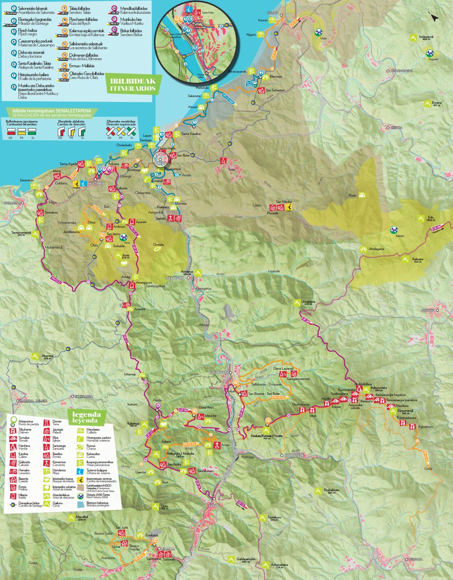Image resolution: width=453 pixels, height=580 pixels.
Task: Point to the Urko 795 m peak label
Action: pyautogui.click(x=164, y=507)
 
